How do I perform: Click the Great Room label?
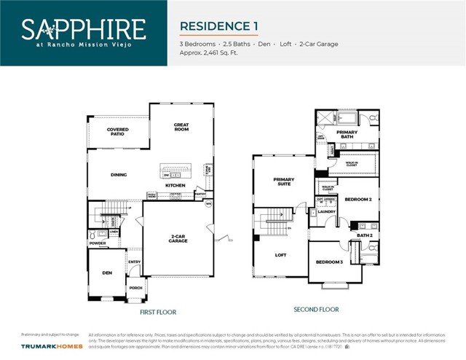pyautogui.click(x=181, y=127)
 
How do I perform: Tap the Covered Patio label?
pyautogui.click(x=117, y=132)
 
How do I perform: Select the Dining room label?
pyautogui.click(x=119, y=175)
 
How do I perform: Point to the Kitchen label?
pyautogui.click(x=175, y=185)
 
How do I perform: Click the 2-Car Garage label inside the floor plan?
pyautogui.click(x=178, y=238)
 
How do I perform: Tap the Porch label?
pyautogui.click(x=136, y=287)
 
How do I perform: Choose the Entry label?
pyautogui.click(x=135, y=262)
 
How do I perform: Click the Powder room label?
pyautogui.click(x=98, y=243)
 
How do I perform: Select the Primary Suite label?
pyautogui.click(x=283, y=181)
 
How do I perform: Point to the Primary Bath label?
pyautogui.click(x=347, y=134)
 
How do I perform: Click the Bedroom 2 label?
pyautogui.click(x=358, y=199)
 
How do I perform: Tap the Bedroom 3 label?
pyautogui.click(x=329, y=262)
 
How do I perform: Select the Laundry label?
pyautogui.click(x=325, y=212)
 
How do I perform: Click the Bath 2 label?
pyautogui.click(x=365, y=235)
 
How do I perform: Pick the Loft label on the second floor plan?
pyautogui.click(x=281, y=255)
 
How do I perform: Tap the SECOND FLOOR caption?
pyautogui.click(x=316, y=309)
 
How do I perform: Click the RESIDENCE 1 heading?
pyautogui.click(x=219, y=26)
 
